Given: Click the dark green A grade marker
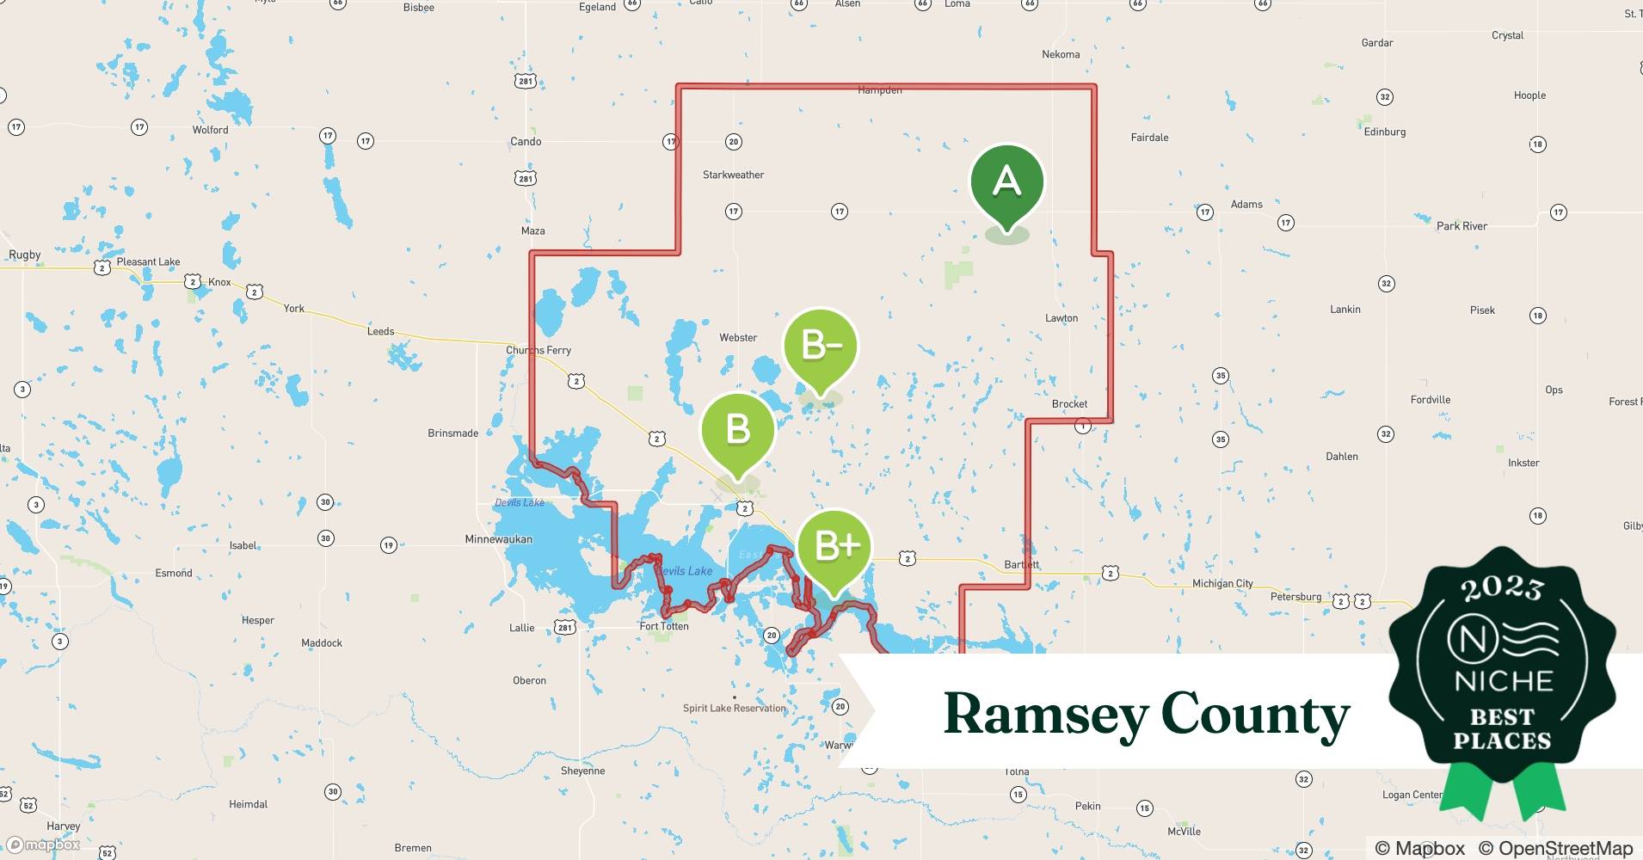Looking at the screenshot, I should [1006, 182].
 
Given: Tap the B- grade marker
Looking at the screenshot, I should [821, 346].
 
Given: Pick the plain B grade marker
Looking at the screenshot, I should [738, 429].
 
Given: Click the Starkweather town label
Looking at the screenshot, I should [733, 175].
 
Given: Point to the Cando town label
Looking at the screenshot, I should [526, 141].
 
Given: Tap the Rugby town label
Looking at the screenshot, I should [25, 255].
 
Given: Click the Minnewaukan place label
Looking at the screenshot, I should [498, 539].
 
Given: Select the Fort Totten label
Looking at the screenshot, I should [664, 626].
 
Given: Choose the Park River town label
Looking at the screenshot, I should [1461, 226].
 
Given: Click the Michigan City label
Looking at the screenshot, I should [1222, 583].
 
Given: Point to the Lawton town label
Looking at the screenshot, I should [1061, 318].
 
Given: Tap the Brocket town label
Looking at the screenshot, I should [1069, 403].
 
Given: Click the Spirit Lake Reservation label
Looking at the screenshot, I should [734, 708].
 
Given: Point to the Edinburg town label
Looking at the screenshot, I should [1385, 132].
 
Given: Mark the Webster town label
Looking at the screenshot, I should [738, 338].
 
